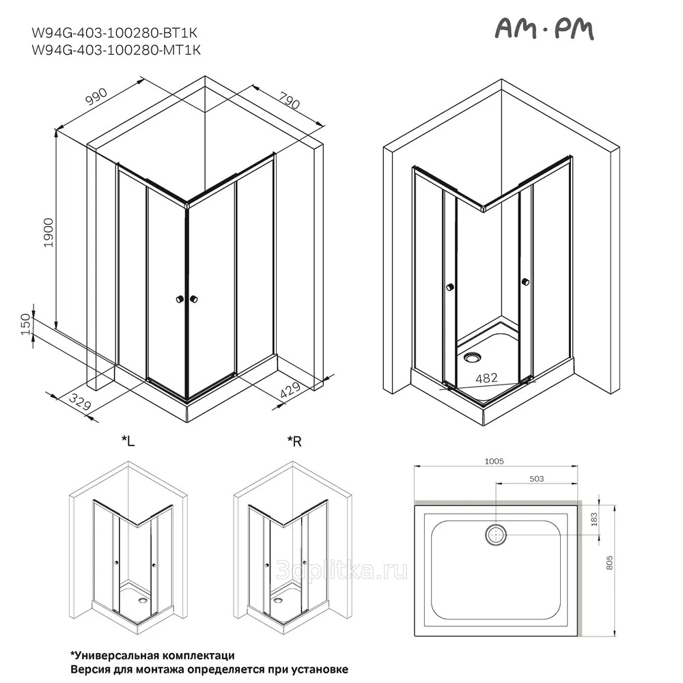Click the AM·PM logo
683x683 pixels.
(x=545, y=29)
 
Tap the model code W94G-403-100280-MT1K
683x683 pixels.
(x=116, y=50)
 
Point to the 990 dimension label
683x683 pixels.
(x=96, y=96)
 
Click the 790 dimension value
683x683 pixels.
(x=290, y=101)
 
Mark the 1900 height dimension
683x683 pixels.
(x=48, y=233)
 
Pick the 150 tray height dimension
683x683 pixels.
(x=27, y=324)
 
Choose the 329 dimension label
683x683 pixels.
(x=80, y=402)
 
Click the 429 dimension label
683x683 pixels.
(x=290, y=391)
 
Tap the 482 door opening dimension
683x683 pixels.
(x=486, y=378)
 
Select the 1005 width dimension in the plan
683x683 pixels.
(x=494, y=461)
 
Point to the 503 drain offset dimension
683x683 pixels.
(x=537, y=479)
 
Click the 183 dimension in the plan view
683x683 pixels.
(x=595, y=520)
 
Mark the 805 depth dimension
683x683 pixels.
(x=609, y=562)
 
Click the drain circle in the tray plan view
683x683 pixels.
(x=496, y=533)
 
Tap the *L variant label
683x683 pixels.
(x=128, y=442)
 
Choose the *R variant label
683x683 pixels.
(x=294, y=442)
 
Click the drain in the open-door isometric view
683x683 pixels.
(x=472, y=358)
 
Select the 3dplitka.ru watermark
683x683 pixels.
(x=342, y=570)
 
